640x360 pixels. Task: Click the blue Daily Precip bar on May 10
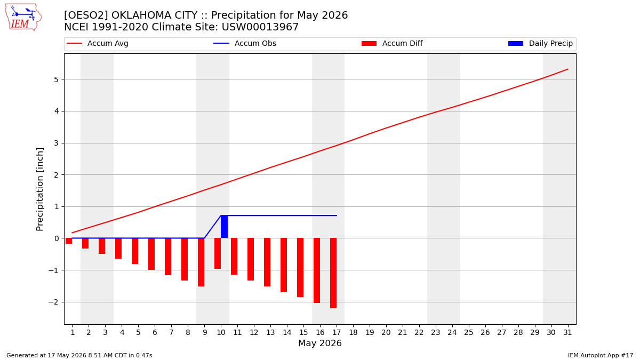pyautogui.click(x=225, y=227)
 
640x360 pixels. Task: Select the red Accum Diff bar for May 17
pyautogui.click(x=333, y=273)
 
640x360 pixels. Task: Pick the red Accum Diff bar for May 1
pyautogui.click(x=69, y=241)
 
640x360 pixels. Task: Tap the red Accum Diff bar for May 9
pyautogui.click(x=201, y=262)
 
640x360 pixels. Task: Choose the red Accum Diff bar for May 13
pyautogui.click(x=267, y=262)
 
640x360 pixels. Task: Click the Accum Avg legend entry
pyautogui.click(x=98, y=43)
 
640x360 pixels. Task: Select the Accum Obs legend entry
pyautogui.click(x=245, y=43)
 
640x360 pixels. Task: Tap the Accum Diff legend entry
pyautogui.click(x=392, y=43)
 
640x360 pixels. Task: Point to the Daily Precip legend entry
pyautogui.click(x=541, y=43)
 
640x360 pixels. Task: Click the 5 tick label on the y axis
pyautogui.click(x=56, y=79)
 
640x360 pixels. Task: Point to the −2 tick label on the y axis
pyautogui.click(x=53, y=302)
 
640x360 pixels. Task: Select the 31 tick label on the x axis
pyautogui.click(x=567, y=332)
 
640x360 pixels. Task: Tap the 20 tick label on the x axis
pyautogui.click(x=386, y=332)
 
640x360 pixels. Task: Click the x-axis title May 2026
pyautogui.click(x=320, y=343)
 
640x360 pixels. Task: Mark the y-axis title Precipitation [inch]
pyautogui.click(x=39, y=189)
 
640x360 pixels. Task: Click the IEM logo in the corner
pyautogui.click(x=23, y=17)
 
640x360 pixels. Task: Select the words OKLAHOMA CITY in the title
pyautogui.click(x=155, y=15)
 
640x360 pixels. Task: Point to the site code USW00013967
pyautogui.click(x=260, y=27)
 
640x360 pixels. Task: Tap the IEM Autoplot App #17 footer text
pyautogui.click(x=601, y=355)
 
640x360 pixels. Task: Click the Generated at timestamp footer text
pyautogui.click(x=79, y=355)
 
